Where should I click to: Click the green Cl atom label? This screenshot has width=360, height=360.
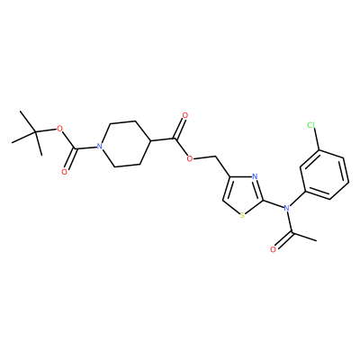(311, 125)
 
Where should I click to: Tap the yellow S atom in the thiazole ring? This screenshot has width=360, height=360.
(242, 215)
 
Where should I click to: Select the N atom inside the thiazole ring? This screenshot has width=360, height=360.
(255, 176)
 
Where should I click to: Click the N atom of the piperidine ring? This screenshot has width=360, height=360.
(100, 147)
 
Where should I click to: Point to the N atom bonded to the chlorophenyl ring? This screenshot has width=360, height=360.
(286, 208)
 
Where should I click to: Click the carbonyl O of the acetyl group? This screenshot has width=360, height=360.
(273, 249)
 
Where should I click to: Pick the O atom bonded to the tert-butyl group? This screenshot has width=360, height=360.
(59, 130)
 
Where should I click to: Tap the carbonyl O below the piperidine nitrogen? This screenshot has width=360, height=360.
(64, 172)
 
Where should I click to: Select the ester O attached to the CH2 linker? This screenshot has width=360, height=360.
(189, 158)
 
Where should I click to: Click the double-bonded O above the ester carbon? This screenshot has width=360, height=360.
(184, 115)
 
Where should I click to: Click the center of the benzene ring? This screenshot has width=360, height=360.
(325, 175)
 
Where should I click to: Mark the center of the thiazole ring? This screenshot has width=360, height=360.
(243, 194)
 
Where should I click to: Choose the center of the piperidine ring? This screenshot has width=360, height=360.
(125, 143)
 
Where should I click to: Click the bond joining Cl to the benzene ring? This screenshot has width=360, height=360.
(316, 139)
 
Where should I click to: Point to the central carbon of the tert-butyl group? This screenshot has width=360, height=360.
(35, 131)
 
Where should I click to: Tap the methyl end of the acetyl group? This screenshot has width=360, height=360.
(316, 240)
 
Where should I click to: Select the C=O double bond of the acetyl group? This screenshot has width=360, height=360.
(283, 240)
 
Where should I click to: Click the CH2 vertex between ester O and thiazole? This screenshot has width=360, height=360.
(216, 157)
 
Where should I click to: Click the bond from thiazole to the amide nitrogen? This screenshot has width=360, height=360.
(274, 204)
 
